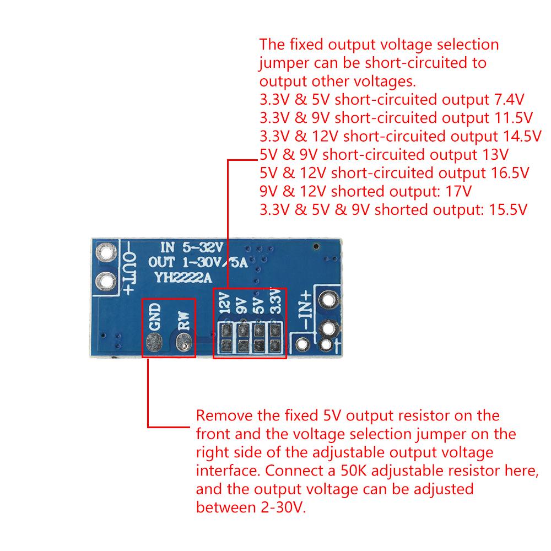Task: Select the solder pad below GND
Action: point(154,344)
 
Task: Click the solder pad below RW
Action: point(183,345)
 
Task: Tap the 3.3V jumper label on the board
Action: point(275,305)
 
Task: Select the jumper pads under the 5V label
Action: point(258,338)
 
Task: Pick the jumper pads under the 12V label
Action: point(225,338)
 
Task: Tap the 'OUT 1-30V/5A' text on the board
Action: point(198,263)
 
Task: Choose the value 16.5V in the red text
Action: point(509,173)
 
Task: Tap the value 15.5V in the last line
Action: point(507,209)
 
